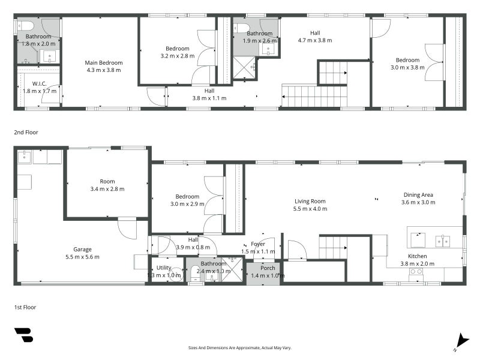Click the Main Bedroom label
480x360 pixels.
tap(103, 63)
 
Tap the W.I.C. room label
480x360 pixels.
tap(39, 83)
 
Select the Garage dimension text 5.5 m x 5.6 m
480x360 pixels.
tap(82, 257)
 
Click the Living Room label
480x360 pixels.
tap(310, 201)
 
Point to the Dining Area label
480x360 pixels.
tap(418, 194)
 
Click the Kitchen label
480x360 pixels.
tap(417, 256)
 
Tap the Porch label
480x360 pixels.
tap(268, 268)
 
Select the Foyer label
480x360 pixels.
tap(258, 244)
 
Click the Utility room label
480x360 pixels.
tap(164, 268)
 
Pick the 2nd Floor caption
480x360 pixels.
tap(26, 132)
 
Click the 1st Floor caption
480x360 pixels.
tap(25, 307)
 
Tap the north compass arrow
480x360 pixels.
tap(462, 341)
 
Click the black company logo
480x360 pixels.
tap(23, 335)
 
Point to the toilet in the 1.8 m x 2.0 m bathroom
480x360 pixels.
tap(25, 26)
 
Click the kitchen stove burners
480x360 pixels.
tap(416, 272)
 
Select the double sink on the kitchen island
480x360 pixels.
tap(443, 241)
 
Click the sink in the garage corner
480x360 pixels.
tap(24, 157)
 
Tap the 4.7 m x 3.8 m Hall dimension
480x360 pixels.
tap(315, 40)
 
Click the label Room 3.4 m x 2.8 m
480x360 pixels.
tap(107, 185)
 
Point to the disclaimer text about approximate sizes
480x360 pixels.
tap(239, 348)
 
